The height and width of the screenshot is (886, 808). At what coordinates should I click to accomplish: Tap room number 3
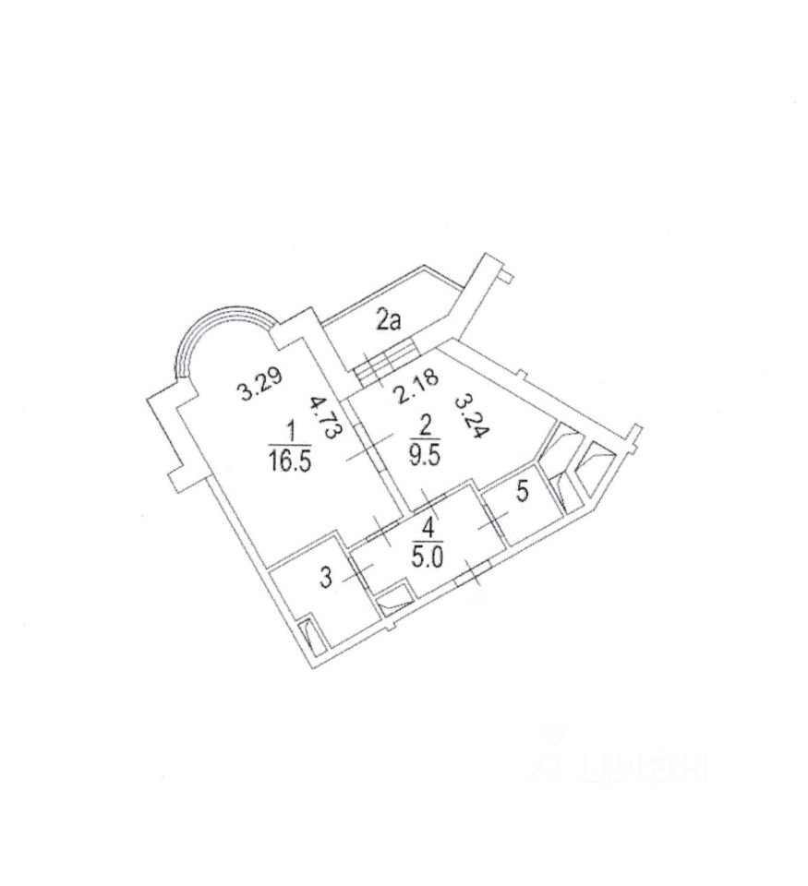(x=324, y=579)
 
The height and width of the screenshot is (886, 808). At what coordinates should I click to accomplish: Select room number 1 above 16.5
(x=292, y=429)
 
